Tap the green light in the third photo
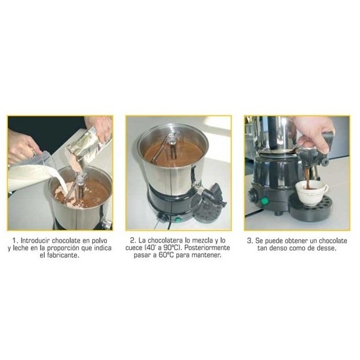264,201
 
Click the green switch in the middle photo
177,220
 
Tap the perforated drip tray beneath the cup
311,209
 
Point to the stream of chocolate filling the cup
308,178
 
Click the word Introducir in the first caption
35,241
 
